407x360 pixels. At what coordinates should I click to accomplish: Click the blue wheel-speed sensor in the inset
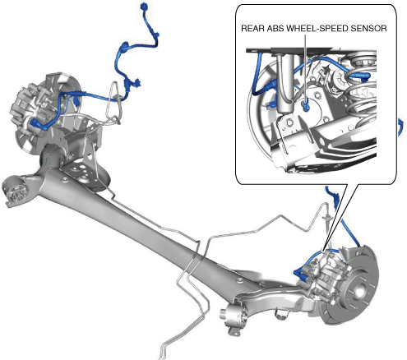tap(305, 105)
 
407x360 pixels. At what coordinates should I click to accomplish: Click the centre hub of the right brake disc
tap(359, 291)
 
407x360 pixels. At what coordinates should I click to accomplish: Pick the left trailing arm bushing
tap(17, 192)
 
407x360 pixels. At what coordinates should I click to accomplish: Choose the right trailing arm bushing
tap(234, 317)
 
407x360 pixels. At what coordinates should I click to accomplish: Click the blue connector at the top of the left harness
tap(143, 6)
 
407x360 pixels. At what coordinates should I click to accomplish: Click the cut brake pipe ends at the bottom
tap(162, 353)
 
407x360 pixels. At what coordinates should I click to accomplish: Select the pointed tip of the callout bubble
tap(323, 251)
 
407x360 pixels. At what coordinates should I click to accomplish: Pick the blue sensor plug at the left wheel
tap(39, 125)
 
